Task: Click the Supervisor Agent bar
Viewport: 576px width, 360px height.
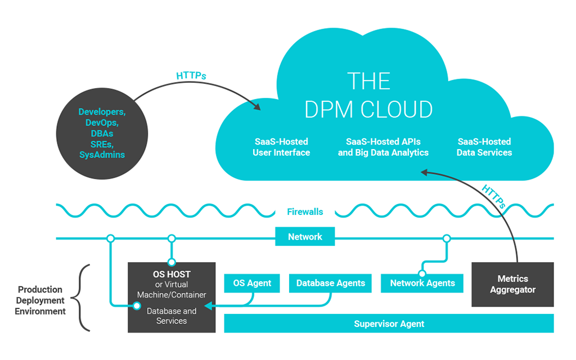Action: (x=389, y=323)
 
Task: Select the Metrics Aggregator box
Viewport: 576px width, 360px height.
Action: (x=512, y=284)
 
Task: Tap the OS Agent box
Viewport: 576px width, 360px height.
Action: (x=252, y=283)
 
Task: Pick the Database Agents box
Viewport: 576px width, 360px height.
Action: (x=331, y=283)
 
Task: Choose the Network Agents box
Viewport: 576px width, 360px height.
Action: (x=422, y=283)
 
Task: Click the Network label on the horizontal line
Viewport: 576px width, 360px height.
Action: (x=305, y=237)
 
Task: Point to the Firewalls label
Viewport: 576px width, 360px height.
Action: (x=305, y=212)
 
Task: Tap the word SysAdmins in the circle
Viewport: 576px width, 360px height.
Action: (x=102, y=155)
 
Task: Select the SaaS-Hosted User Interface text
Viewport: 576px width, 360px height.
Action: (x=281, y=147)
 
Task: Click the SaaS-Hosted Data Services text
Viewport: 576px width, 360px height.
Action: (x=484, y=147)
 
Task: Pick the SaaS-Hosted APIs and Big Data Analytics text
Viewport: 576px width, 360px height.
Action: (x=383, y=147)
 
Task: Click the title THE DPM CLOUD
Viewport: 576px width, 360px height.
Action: (x=368, y=96)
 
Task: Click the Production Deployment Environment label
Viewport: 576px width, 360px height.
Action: (x=40, y=300)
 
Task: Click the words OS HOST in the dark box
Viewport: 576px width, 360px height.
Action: (x=172, y=274)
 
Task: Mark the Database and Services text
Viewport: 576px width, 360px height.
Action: (x=172, y=316)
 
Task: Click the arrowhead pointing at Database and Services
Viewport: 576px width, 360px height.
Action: (x=207, y=306)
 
